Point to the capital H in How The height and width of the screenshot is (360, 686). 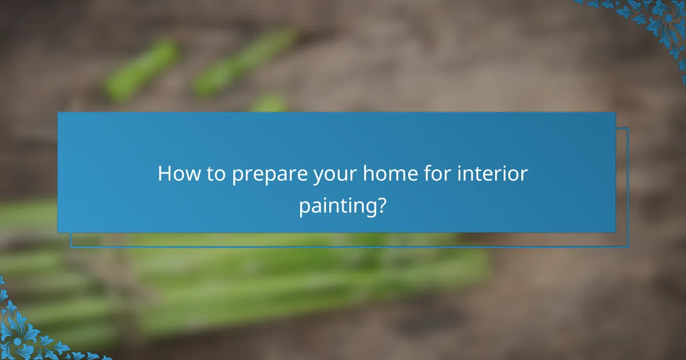[165, 174]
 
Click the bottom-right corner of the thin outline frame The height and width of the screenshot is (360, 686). [628, 247]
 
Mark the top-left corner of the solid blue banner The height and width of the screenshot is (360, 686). [58, 113]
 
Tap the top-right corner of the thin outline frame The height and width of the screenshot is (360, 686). [628, 128]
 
